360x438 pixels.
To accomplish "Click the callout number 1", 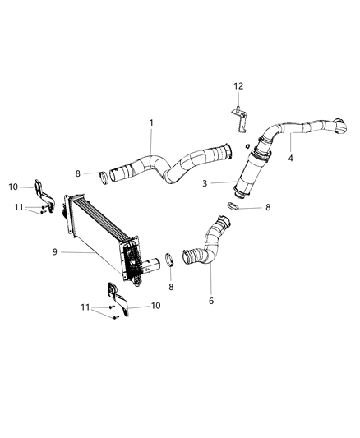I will pos(150,122).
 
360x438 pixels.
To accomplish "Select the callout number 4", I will pos(291,159).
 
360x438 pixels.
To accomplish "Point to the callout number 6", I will pos(211,302).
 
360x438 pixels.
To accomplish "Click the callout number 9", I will pos(57,252).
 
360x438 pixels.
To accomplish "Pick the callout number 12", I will pos(238,86).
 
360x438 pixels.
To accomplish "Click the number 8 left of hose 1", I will pos(78,174).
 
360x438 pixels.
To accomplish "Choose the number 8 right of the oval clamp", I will pos(266,209).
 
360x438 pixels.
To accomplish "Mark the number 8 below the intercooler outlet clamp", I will pos(171,288).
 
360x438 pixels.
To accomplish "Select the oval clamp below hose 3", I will pos(235,205).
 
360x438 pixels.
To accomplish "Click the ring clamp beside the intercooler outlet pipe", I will pos(168,262).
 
